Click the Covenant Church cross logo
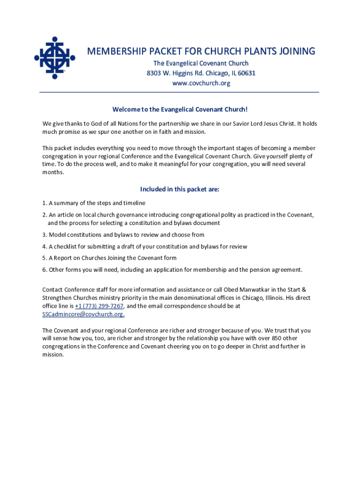54,58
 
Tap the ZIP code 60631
245,73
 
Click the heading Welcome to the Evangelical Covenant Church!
180,109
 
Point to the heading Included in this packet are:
180,189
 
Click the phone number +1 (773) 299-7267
99,306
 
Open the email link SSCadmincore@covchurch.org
83,314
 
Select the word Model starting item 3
58,235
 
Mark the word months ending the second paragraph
53,172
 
